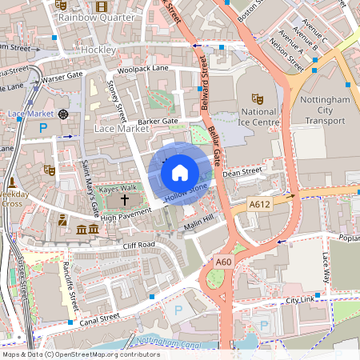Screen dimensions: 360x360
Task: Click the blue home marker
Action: [180, 171]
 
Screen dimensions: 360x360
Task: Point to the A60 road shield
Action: [224, 262]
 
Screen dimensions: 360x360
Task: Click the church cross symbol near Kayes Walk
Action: [124, 198]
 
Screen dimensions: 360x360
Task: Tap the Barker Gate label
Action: [158, 122]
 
